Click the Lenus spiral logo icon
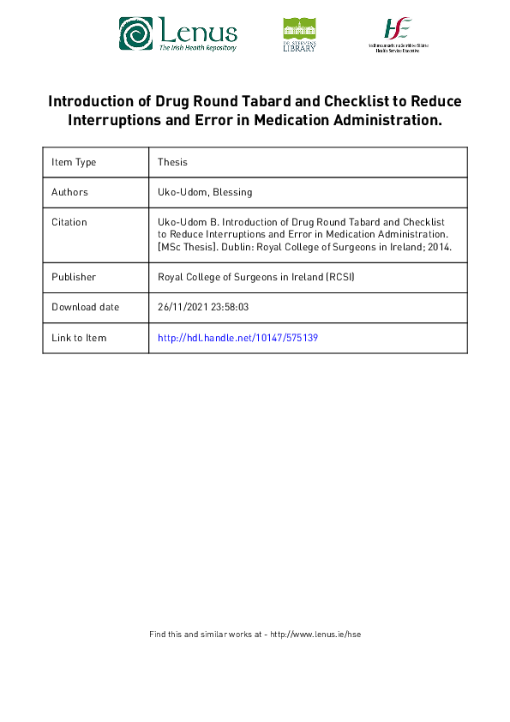[135, 33]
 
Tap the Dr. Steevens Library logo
[299, 34]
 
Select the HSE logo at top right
[398, 34]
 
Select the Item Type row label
[74, 162]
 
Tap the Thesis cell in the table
[172, 162]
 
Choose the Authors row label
[69, 192]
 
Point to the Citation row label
[69, 222]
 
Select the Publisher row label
[73, 277]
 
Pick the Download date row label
[85, 307]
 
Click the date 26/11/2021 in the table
[182, 307]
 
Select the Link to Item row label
[79, 338]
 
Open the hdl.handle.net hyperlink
[237, 338]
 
